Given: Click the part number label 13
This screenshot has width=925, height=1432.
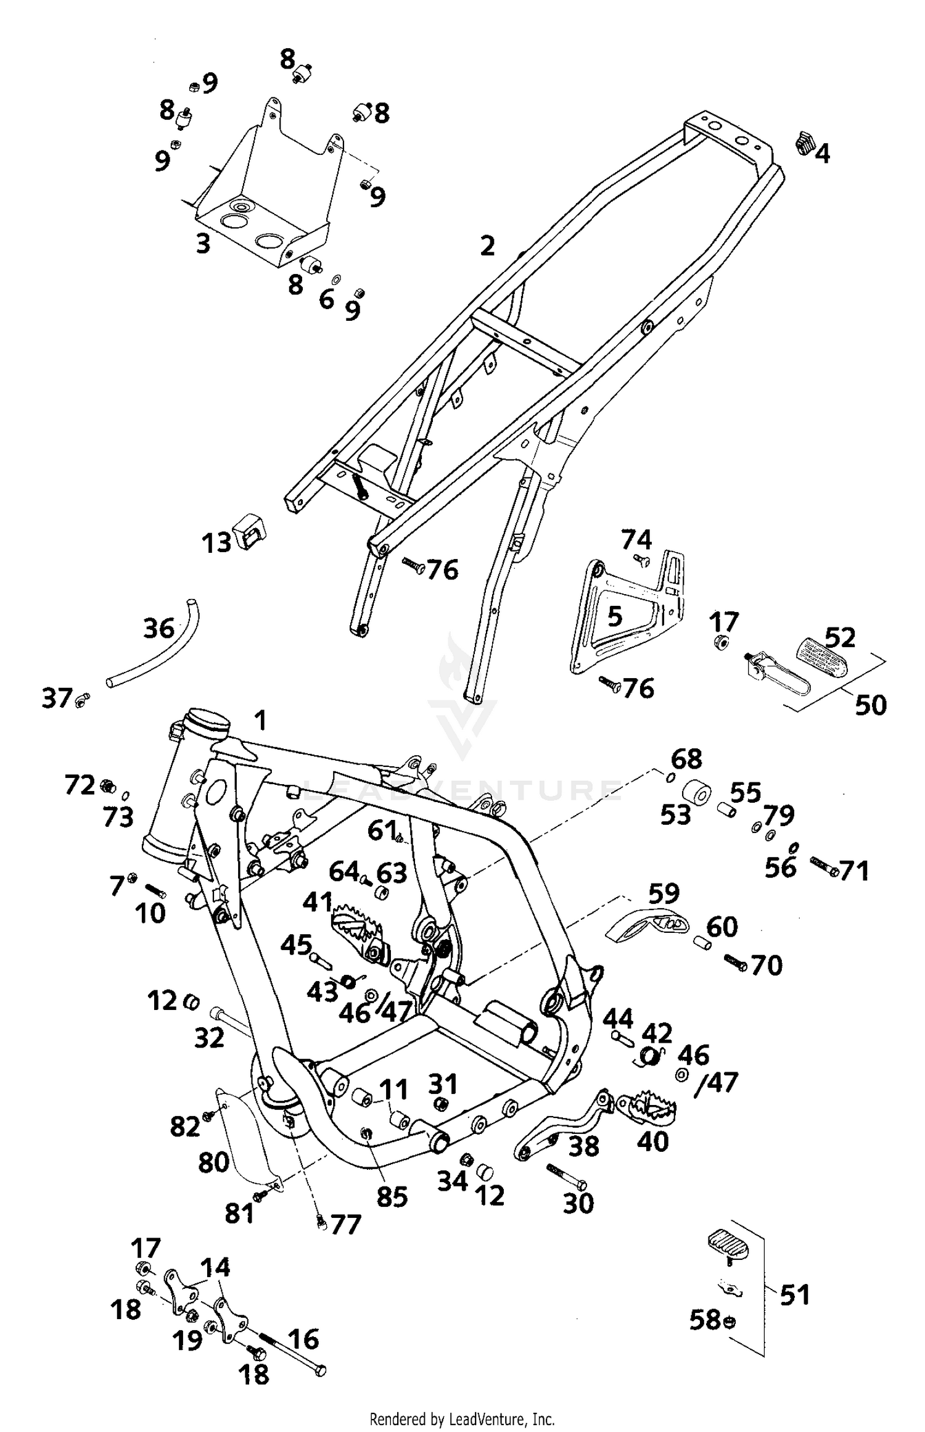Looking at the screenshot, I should coord(216,544).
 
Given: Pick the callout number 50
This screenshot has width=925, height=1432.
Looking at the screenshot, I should coord(870,705).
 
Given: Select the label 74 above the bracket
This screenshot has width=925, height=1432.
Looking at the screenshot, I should coord(636,540).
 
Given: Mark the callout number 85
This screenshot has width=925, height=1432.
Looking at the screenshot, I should coord(392,1198).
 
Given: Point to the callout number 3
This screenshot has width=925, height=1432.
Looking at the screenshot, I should coord(203,244).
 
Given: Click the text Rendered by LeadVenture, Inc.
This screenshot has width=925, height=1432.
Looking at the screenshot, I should coord(462,1418).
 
